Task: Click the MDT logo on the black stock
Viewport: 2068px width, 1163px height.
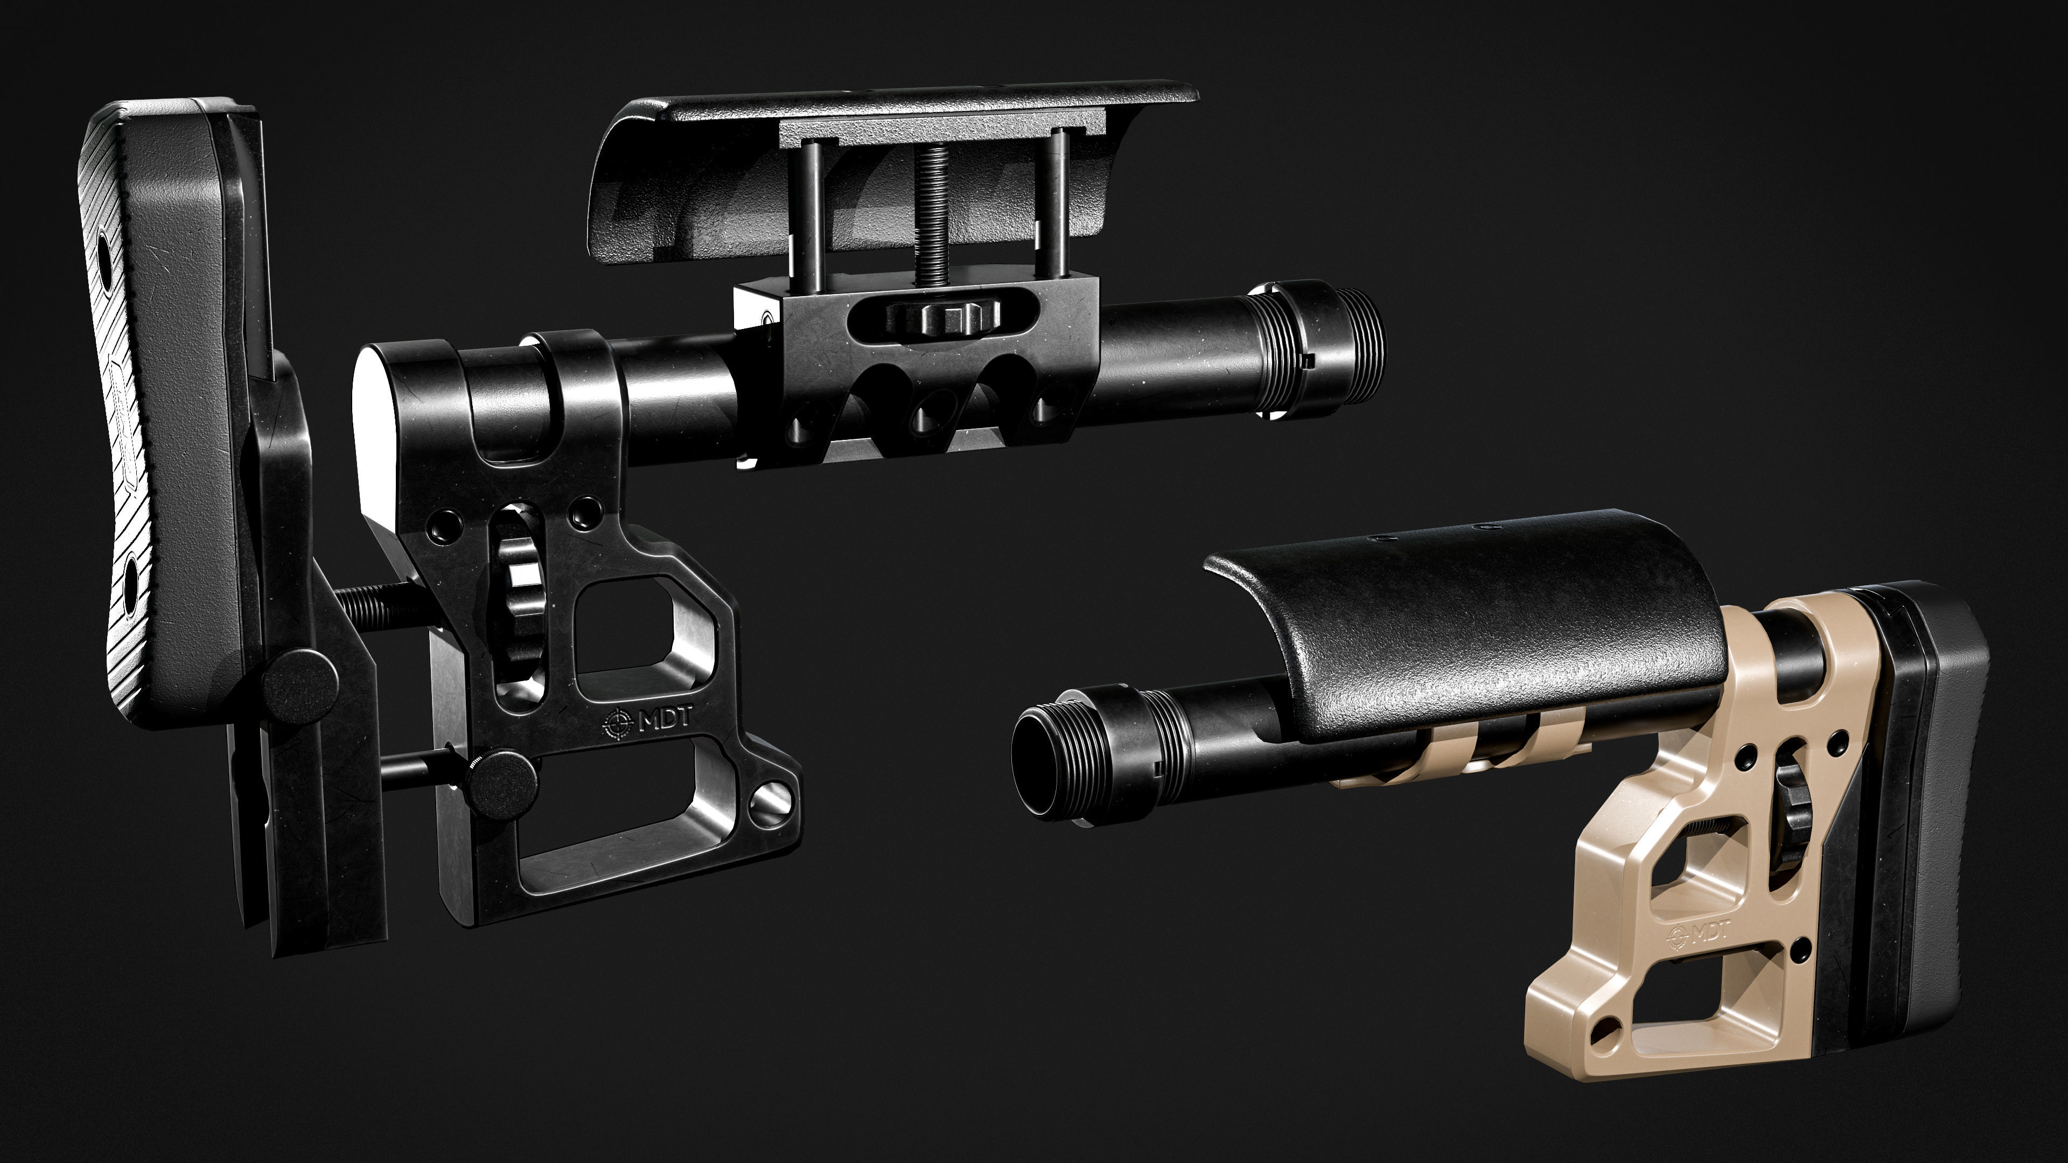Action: pos(648,720)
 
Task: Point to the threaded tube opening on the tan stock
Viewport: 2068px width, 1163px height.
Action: pos(1044,762)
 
